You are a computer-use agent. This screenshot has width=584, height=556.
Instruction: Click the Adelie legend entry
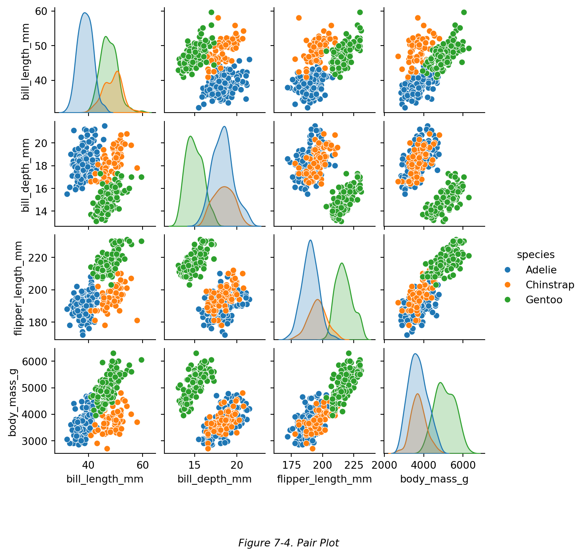[541, 270]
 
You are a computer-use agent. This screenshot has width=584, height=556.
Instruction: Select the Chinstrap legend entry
[550, 285]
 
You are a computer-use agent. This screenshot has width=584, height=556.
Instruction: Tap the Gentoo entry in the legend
[544, 300]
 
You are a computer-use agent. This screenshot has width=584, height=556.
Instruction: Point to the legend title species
[535, 255]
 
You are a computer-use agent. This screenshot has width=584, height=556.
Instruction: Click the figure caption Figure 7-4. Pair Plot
[288, 543]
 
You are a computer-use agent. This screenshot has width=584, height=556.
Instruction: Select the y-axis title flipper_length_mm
[18, 288]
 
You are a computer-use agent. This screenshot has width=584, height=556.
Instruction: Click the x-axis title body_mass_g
[434, 479]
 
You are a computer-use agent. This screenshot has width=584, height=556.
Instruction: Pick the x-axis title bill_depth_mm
[214, 479]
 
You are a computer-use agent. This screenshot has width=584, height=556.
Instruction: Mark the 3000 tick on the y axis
[38, 441]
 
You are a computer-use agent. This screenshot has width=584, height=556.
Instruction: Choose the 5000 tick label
[38, 388]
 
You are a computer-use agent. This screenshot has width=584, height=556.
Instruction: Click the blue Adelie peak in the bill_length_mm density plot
[85, 13]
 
